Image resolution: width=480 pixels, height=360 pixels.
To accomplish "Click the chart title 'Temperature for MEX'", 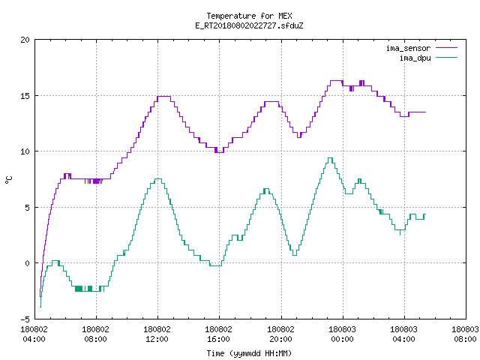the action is [x=249, y=16].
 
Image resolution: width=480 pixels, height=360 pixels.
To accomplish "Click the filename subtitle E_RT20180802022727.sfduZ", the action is [x=249, y=25].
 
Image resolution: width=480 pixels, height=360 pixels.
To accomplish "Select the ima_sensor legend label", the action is [x=408, y=48].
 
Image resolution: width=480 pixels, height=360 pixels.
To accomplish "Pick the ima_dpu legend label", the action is [x=415, y=58].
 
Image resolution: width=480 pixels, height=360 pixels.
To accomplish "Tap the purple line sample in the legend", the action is [x=447, y=48].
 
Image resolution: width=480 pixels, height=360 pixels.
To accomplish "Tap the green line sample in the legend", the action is [x=447, y=57].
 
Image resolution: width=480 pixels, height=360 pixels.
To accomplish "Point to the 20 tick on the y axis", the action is [x=25, y=40].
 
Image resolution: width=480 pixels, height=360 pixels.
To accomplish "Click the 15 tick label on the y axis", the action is [x=25, y=96].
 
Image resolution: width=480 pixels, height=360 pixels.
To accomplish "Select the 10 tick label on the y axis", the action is [x=25, y=151].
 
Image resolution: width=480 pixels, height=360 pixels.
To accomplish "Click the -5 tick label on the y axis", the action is [x=25, y=319].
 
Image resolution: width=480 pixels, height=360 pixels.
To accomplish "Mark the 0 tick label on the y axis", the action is [x=28, y=263].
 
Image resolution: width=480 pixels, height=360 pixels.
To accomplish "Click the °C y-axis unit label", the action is [x=9, y=180].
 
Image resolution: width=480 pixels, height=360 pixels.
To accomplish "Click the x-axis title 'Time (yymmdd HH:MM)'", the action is [x=249, y=353].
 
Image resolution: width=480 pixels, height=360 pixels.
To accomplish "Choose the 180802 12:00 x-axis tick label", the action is [x=157, y=334].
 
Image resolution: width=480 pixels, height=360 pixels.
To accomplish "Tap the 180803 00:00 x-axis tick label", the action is [x=342, y=334].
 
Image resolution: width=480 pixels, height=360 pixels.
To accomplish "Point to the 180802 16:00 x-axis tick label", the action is [x=218, y=334].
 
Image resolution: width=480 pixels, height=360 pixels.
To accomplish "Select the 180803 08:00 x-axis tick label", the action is [x=465, y=334].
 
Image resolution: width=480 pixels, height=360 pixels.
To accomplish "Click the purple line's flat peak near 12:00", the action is [x=163, y=97].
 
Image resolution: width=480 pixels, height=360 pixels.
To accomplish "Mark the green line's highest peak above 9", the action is [x=330, y=158].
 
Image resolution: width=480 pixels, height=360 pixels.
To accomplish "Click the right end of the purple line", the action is [x=425, y=112].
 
